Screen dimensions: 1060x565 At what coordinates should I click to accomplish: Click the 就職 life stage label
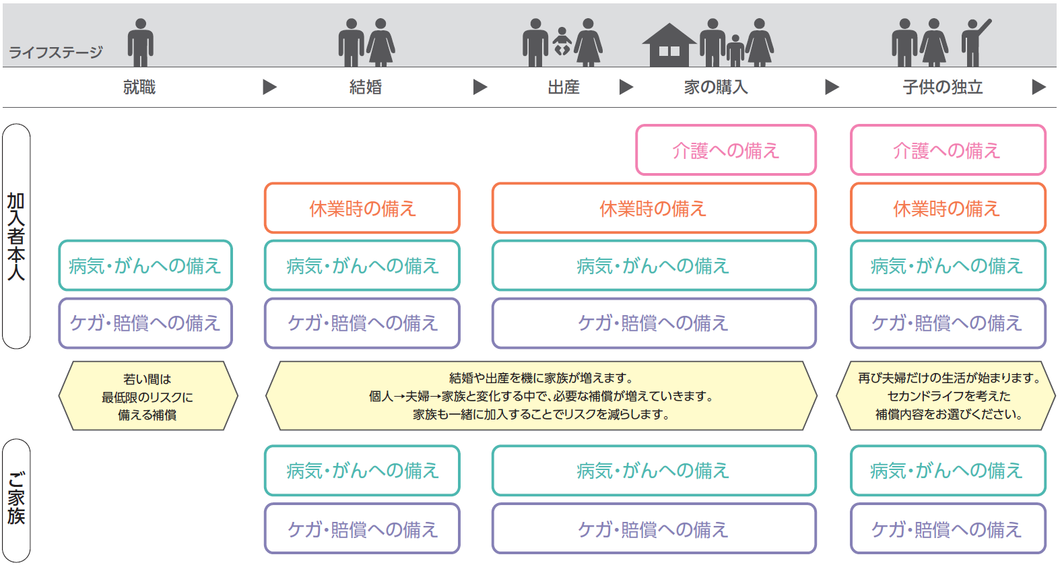tap(139, 87)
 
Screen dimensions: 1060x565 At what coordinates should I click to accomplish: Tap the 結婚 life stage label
tap(365, 87)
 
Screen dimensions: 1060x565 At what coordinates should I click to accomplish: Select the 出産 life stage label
tap(564, 87)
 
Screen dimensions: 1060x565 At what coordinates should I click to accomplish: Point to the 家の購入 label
tap(716, 87)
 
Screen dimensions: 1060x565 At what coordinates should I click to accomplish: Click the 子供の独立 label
tap(943, 87)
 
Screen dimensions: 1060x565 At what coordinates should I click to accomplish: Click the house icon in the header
tap(669, 45)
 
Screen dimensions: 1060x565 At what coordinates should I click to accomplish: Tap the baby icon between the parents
tap(562, 41)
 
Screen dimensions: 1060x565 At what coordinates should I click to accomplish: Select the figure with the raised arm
tap(975, 42)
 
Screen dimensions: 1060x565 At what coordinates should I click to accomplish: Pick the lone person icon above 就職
tap(140, 42)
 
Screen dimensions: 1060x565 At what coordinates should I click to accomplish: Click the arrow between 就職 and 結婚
tap(269, 87)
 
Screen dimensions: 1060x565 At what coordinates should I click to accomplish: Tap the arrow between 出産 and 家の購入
tap(626, 87)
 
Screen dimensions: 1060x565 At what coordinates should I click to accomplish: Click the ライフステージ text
tap(56, 52)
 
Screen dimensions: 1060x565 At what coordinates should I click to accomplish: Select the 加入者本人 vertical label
tap(16, 236)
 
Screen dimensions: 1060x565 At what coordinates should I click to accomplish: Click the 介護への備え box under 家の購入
tap(726, 150)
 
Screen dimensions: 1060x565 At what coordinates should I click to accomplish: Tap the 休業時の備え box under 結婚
tap(362, 207)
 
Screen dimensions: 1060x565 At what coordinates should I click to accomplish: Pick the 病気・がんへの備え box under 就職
tap(145, 265)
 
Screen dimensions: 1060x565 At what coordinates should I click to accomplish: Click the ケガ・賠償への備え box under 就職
tap(145, 323)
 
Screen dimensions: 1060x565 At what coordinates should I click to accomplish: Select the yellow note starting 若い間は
tap(148, 396)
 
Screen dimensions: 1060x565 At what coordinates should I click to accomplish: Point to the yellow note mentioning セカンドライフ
tap(946, 396)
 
